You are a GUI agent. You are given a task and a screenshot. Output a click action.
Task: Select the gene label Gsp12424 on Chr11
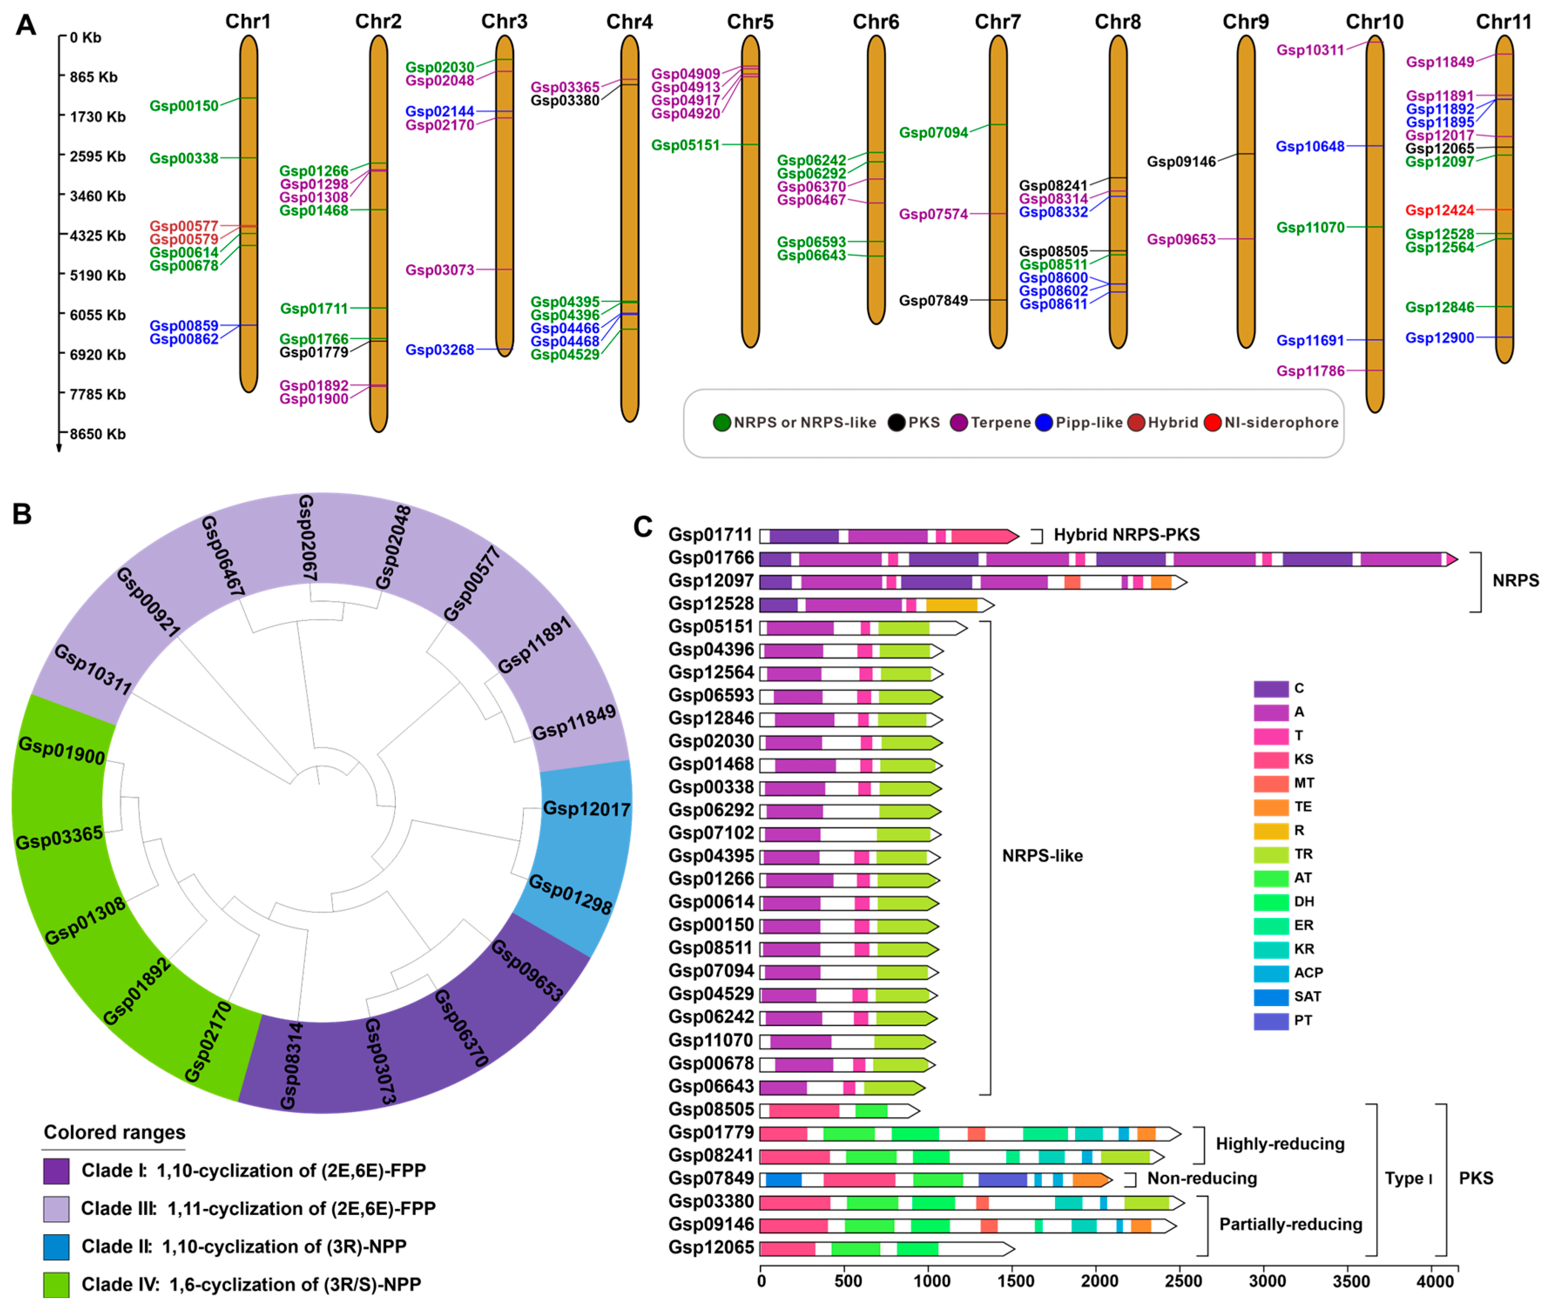click(1439, 210)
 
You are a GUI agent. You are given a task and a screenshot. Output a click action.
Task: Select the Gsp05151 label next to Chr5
click(685, 145)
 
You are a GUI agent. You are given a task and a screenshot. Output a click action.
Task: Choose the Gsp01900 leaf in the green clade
click(61, 751)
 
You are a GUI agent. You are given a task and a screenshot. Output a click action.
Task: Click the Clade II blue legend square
click(56, 1247)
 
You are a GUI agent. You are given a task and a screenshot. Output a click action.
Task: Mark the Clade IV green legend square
click(56, 1285)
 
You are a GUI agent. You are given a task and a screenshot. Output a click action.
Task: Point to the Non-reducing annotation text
click(1201, 1178)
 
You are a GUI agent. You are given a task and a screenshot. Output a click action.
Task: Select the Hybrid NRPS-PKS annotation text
click(1126, 535)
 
